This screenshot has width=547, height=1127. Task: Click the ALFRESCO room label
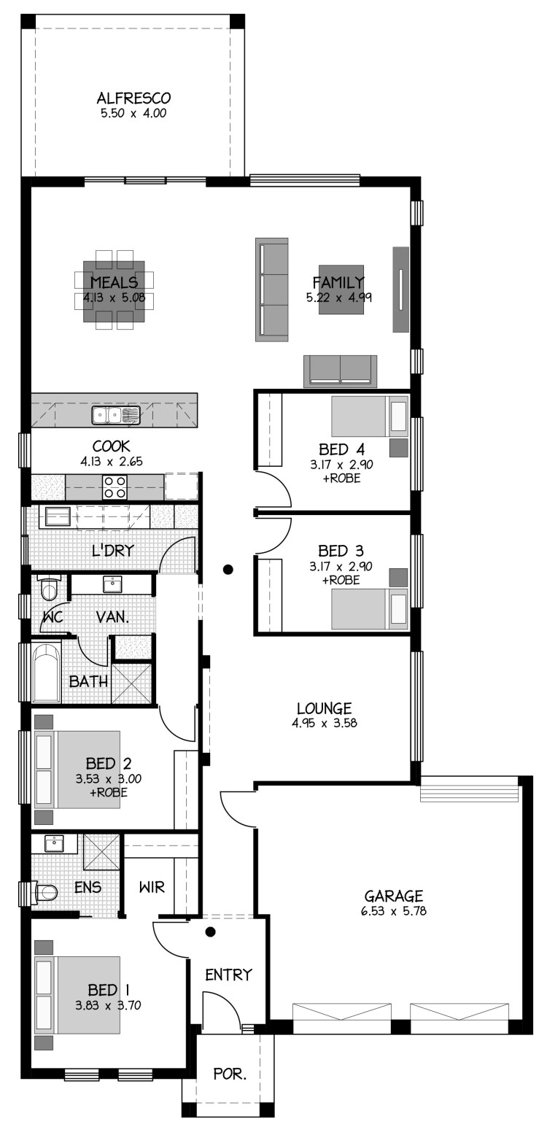(x=133, y=98)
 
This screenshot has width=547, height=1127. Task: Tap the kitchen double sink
(x=116, y=416)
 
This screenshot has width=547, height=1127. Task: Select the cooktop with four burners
(x=115, y=487)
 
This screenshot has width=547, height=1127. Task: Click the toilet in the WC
(x=49, y=588)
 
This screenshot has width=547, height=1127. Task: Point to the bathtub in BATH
(x=47, y=673)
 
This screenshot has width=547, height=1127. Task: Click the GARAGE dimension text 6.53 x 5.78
(x=394, y=910)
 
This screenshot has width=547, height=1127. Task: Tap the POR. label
(x=230, y=1074)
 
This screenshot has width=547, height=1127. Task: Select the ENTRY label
(x=228, y=975)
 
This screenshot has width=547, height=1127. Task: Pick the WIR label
(x=152, y=886)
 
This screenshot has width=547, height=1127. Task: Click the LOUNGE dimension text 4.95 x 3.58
(x=325, y=724)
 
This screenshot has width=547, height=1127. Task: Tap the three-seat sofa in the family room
(x=272, y=290)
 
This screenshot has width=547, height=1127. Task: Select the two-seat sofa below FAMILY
(x=340, y=371)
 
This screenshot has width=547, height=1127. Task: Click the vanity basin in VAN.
(x=112, y=584)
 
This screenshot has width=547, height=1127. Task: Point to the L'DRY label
(x=113, y=551)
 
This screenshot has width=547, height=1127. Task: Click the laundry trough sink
(x=58, y=516)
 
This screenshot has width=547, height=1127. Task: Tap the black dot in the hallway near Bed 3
(x=228, y=570)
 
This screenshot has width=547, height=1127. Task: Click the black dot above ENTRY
(x=211, y=932)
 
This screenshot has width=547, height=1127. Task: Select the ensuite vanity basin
(x=53, y=843)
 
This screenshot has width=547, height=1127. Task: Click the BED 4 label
(x=341, y=449)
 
